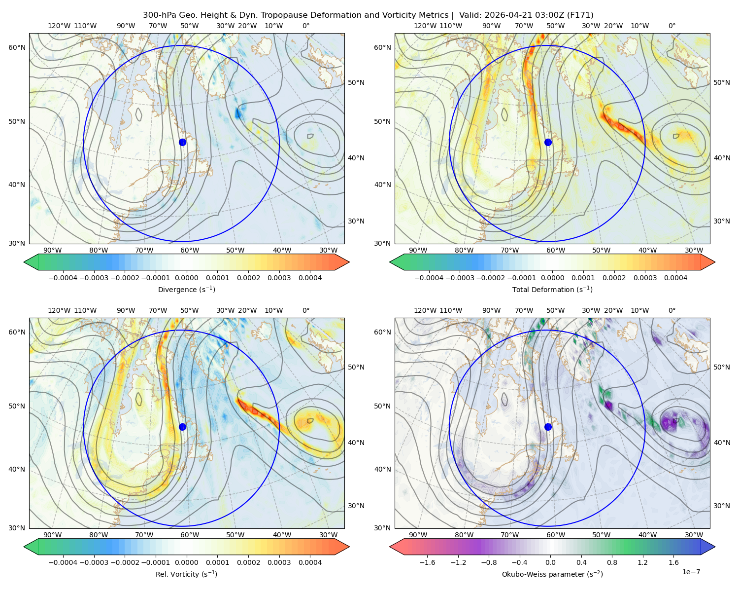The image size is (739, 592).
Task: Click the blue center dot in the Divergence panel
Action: [x=182, y=142]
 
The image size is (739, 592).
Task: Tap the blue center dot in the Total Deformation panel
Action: [x=548, y=142]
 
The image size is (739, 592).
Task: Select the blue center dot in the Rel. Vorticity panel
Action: [x=182, y=427]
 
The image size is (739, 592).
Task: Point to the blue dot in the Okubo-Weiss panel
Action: [x=548, y=427]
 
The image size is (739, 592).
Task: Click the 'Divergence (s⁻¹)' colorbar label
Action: [x=186, y=289]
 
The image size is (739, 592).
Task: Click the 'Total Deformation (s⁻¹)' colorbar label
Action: [x=552, y=289]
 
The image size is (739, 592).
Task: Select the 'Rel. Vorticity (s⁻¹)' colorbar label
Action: [x=186, y=574]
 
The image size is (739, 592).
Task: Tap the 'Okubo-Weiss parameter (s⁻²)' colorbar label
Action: [x=552, y=574]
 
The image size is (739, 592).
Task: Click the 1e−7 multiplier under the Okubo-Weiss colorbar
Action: [x=691, y=572]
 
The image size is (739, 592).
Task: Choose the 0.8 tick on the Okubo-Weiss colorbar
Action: [x=612, y=562]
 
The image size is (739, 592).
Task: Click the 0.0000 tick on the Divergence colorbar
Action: [x=186, y=278]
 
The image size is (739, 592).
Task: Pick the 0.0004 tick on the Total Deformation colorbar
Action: [x=675, y=278]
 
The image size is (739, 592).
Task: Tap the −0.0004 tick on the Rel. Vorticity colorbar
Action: [x=63, y=562]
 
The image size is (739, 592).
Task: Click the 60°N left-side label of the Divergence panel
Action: [x=17, y=47]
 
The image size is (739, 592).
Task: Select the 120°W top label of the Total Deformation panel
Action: [x=425, y=26]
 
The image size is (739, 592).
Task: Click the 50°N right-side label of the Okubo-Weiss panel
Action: [x=721, y=367]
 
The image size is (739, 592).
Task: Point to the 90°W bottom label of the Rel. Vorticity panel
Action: [x=53, y=535]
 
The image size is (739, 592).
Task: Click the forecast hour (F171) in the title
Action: [x=580, y=15]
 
